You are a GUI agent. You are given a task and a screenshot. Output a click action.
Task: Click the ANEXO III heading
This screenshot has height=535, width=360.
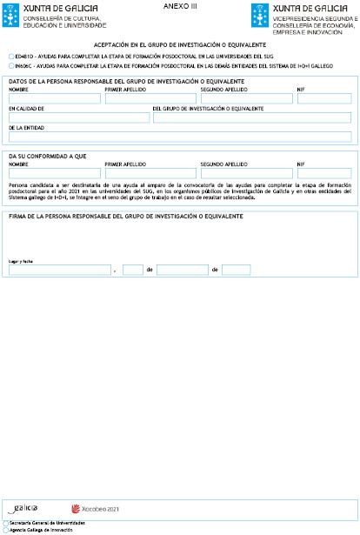point(180,6)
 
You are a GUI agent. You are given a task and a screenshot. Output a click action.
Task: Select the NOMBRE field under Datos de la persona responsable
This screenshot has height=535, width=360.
point(53,98)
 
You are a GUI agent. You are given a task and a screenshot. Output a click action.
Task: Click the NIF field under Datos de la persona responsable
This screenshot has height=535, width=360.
point(323,98)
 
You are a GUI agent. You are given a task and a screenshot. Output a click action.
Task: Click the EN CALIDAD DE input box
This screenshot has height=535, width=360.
point(78,117)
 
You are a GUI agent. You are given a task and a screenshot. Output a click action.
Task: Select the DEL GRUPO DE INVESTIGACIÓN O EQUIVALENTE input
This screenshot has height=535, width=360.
point(252,117)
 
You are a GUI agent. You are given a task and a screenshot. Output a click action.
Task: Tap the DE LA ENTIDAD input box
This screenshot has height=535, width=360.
point(180,137)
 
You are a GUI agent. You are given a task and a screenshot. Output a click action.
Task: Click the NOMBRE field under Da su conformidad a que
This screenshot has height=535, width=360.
point(53,172)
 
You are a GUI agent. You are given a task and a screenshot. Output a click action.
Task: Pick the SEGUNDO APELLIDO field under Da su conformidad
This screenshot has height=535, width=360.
point(246,172)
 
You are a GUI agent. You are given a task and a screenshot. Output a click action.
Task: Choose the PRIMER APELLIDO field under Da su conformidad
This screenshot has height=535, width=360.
point(150,172)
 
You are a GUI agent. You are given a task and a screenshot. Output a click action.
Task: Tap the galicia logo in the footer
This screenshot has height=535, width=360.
point(26,507)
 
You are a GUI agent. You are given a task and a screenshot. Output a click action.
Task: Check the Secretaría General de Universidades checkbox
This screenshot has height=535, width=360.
point(6,523)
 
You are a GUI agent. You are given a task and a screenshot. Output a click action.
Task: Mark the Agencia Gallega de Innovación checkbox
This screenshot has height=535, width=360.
point(6,529)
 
